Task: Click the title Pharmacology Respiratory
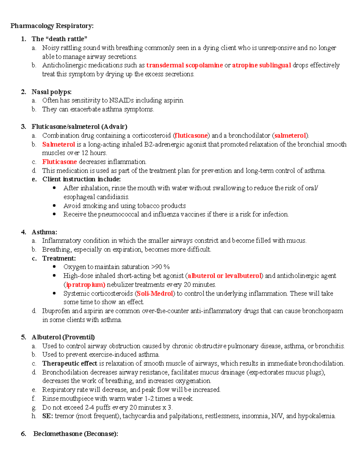click(52, 26)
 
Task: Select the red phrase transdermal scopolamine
click(184, 65)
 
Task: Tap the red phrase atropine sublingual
click(261, 65)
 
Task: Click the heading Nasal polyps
click(51, 92)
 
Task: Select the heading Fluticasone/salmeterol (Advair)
click(79, 127)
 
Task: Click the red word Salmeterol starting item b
click(58, 144)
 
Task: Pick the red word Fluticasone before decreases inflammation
click(59, 162)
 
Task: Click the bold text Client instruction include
click(81, 179)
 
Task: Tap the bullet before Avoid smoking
click(54, 206)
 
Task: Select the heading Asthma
click(44, 232)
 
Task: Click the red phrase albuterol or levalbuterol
click(224, 276)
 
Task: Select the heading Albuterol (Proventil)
click(63, 337)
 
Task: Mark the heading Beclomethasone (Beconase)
click(76, 434)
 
